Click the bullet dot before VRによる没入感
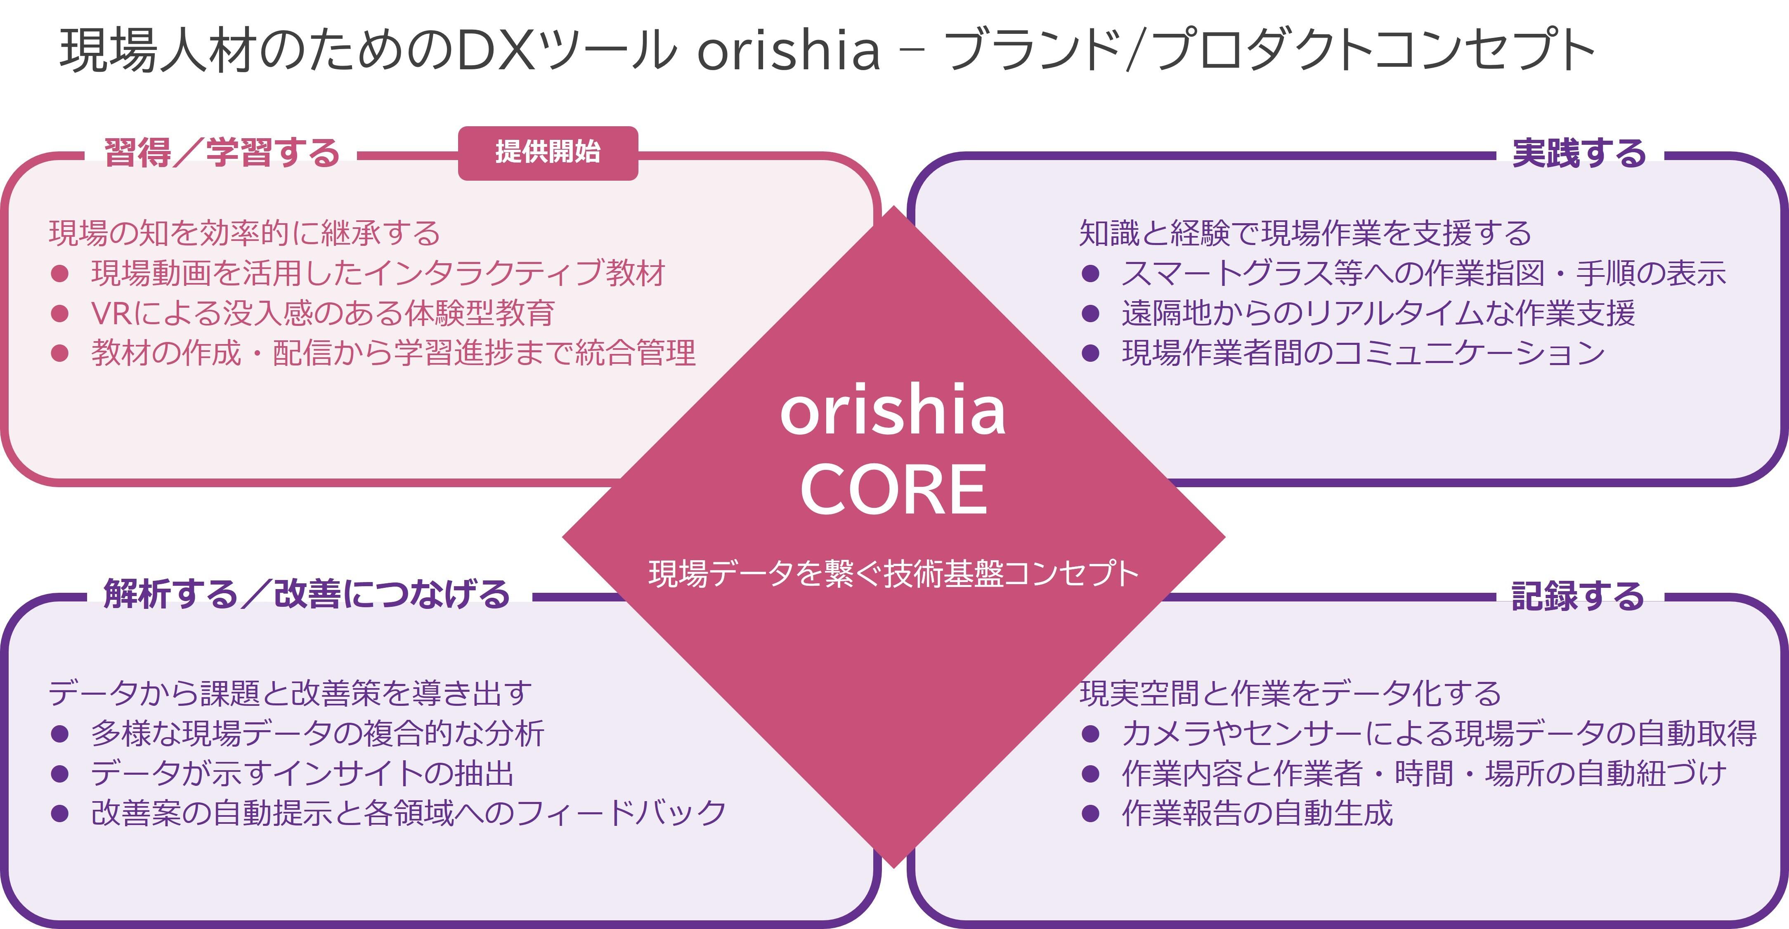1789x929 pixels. [60, 314]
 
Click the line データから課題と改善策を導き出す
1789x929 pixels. [290, 693]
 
